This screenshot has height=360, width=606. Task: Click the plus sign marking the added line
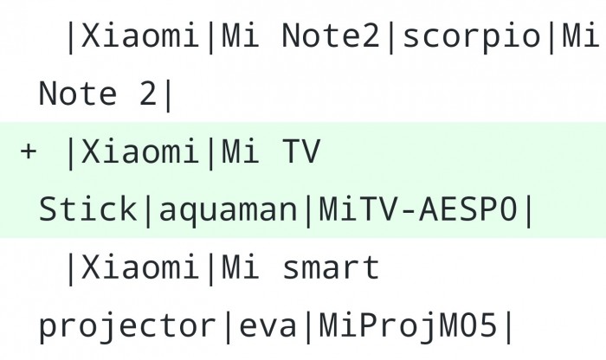pos(29,151)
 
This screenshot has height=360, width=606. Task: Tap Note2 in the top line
pos(331,35)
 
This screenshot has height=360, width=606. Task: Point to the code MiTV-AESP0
pos(418,209)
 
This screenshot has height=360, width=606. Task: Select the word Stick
pos(87,209)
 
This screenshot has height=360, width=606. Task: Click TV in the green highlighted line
pos(301,151)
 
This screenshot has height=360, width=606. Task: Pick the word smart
pos(331,268)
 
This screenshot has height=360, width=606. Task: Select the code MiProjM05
pos(408,325)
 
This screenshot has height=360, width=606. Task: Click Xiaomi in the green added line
pos(140,151)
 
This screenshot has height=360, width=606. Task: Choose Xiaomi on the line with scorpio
pos(140,35)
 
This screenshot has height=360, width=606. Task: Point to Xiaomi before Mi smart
pos(140,267)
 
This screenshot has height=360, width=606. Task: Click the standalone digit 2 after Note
pos(148,93)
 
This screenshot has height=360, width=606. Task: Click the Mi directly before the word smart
pos(240,267)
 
